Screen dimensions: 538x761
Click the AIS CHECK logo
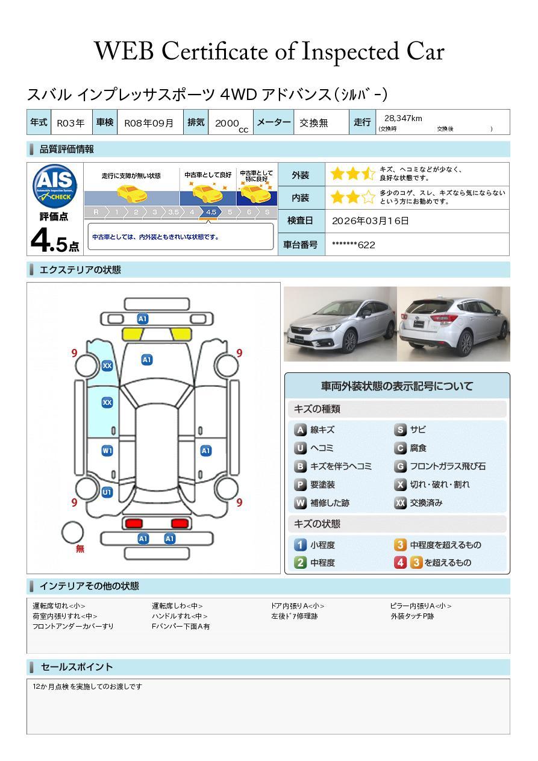55,186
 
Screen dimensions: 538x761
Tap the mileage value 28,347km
403,119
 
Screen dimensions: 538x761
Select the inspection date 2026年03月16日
371,221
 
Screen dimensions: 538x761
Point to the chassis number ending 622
354,245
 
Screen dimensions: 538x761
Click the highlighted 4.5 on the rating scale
211,212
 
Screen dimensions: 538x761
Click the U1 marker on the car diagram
107,492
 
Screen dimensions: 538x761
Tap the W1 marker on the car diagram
107,451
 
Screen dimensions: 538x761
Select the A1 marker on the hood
147,360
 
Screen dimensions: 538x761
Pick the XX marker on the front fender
107,366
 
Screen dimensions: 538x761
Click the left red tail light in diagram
134,523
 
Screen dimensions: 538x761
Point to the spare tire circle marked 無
72,533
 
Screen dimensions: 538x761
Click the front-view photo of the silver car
340,324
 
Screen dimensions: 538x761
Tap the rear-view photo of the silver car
454,324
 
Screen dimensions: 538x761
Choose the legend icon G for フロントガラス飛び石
401,466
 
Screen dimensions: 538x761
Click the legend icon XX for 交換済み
401,503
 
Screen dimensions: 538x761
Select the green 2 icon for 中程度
300,563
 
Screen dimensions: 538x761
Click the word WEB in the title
124,51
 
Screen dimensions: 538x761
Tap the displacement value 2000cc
231,125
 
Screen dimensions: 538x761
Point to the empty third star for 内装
369,197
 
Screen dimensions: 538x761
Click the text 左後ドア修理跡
295,616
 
